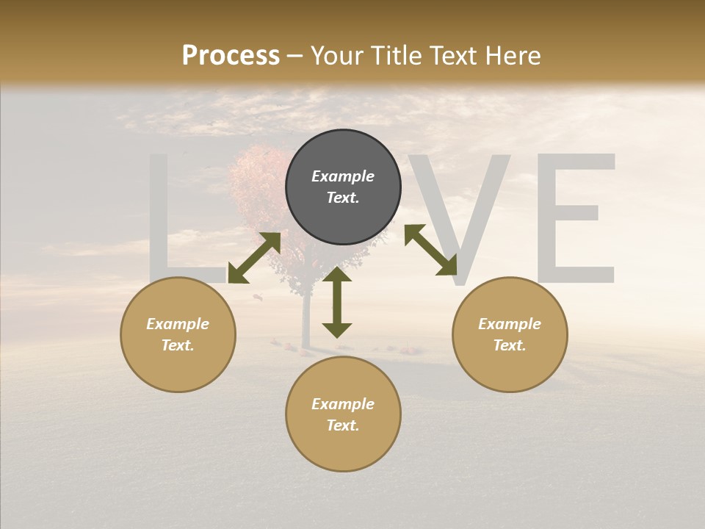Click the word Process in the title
point(231,56)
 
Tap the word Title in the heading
point(397,56)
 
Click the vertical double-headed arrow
point(337,302)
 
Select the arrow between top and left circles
point(254,257)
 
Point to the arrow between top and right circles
point(430,250)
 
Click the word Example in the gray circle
point(343,176)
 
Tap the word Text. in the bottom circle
point(343,425)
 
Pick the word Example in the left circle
point(178,324)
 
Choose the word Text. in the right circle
point(510,345)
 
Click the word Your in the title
point(338,56)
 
